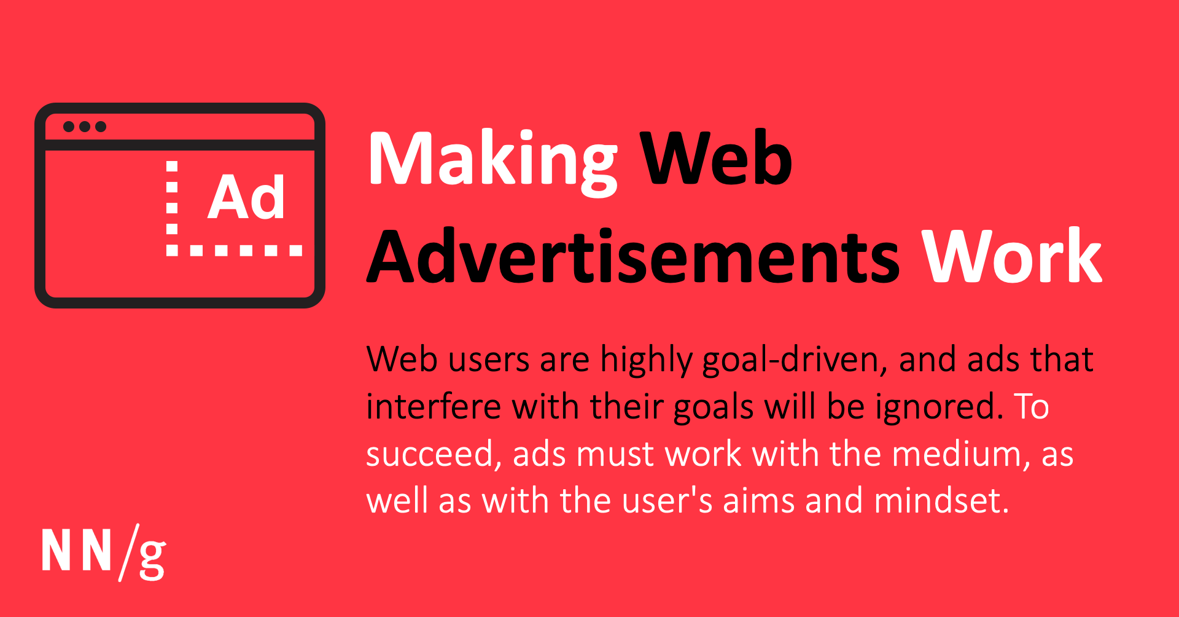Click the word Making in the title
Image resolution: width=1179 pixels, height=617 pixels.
pos(492,160)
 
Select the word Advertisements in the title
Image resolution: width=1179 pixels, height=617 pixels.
pos(633,256)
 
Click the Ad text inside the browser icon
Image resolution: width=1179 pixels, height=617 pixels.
pos(246,197)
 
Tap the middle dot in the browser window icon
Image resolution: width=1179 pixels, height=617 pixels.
pos(85,127)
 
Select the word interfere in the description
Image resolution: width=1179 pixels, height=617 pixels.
pos(434,407)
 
